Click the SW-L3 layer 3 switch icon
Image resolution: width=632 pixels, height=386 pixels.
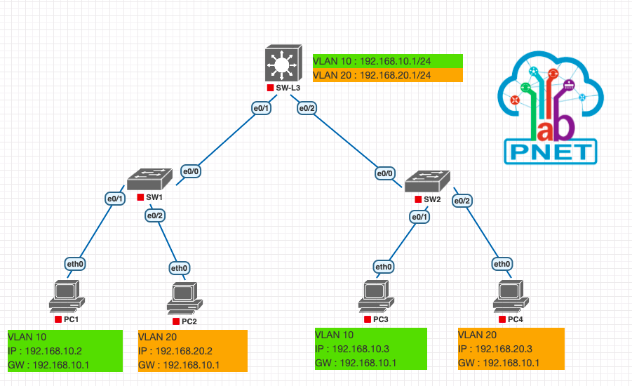click(283, 63)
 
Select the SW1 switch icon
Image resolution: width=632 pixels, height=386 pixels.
click(149, 179)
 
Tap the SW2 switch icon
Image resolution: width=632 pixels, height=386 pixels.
click(427, 181)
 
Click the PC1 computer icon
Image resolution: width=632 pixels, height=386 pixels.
click(67, 296)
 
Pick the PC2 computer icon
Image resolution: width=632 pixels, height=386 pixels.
click(185, 298)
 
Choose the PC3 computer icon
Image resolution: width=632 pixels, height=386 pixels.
click(377, 296)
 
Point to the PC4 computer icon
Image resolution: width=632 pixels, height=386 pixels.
click(511, 296)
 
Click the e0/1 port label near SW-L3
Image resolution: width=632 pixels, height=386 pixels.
click(261, 108)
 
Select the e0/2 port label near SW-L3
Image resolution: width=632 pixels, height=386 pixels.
click(307, 108)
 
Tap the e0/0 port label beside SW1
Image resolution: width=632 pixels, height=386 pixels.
click(191, 171)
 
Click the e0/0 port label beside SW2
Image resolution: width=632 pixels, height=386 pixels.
click(384, 173)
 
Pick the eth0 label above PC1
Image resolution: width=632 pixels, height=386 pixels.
click(75, 264)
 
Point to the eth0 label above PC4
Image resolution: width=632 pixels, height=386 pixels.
click(502, 264)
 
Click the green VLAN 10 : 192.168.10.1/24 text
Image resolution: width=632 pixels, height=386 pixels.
click(372, 61)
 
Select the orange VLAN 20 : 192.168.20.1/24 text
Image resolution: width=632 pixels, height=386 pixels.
click(372, 75)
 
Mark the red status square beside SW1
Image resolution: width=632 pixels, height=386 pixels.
click(140, 197)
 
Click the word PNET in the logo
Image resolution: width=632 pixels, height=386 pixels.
click(551, 152)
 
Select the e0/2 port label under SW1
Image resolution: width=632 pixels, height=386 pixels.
click(155, 215)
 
